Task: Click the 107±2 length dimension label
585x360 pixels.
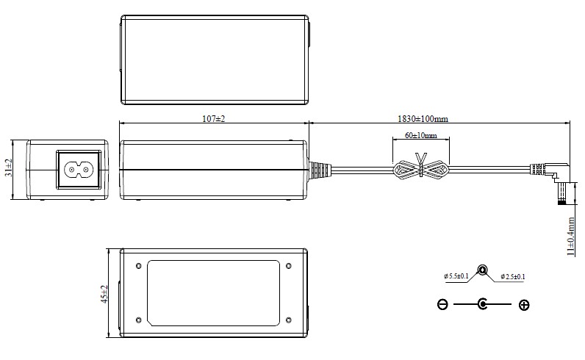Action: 214,118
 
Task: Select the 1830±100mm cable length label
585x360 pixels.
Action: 423,119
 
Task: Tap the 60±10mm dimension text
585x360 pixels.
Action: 421,135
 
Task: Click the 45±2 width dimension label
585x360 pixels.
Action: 104,294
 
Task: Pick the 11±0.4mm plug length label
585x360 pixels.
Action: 571,237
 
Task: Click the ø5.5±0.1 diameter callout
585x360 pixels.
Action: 456,276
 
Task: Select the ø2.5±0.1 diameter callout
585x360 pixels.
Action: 513,276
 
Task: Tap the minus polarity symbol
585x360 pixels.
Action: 442,305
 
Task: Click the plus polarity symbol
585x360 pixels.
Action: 524,305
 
